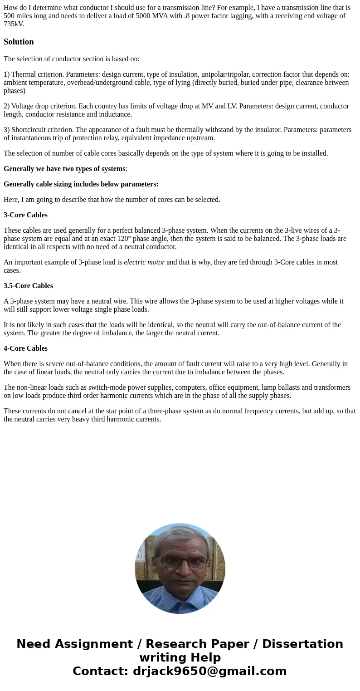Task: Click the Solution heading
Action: pyautogui.click(x=19, y=42)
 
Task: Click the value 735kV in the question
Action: pyautogui.click(x=13, y=24)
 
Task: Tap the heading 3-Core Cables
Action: pyautogui.click(x=25, y=215)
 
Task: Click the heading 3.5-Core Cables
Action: pyautogui.click(x=28, y=285)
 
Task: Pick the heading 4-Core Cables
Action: pyautogui.click(x=25, y=348)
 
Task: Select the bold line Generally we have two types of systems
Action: pyautogui.click(x=64, y=168)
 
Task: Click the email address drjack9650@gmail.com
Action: pyautogui.click(x=209, y=671)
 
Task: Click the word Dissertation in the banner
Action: pyautogui.click(x=302, y=644)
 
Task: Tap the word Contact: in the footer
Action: pyautogui.click(x=100, y=671)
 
